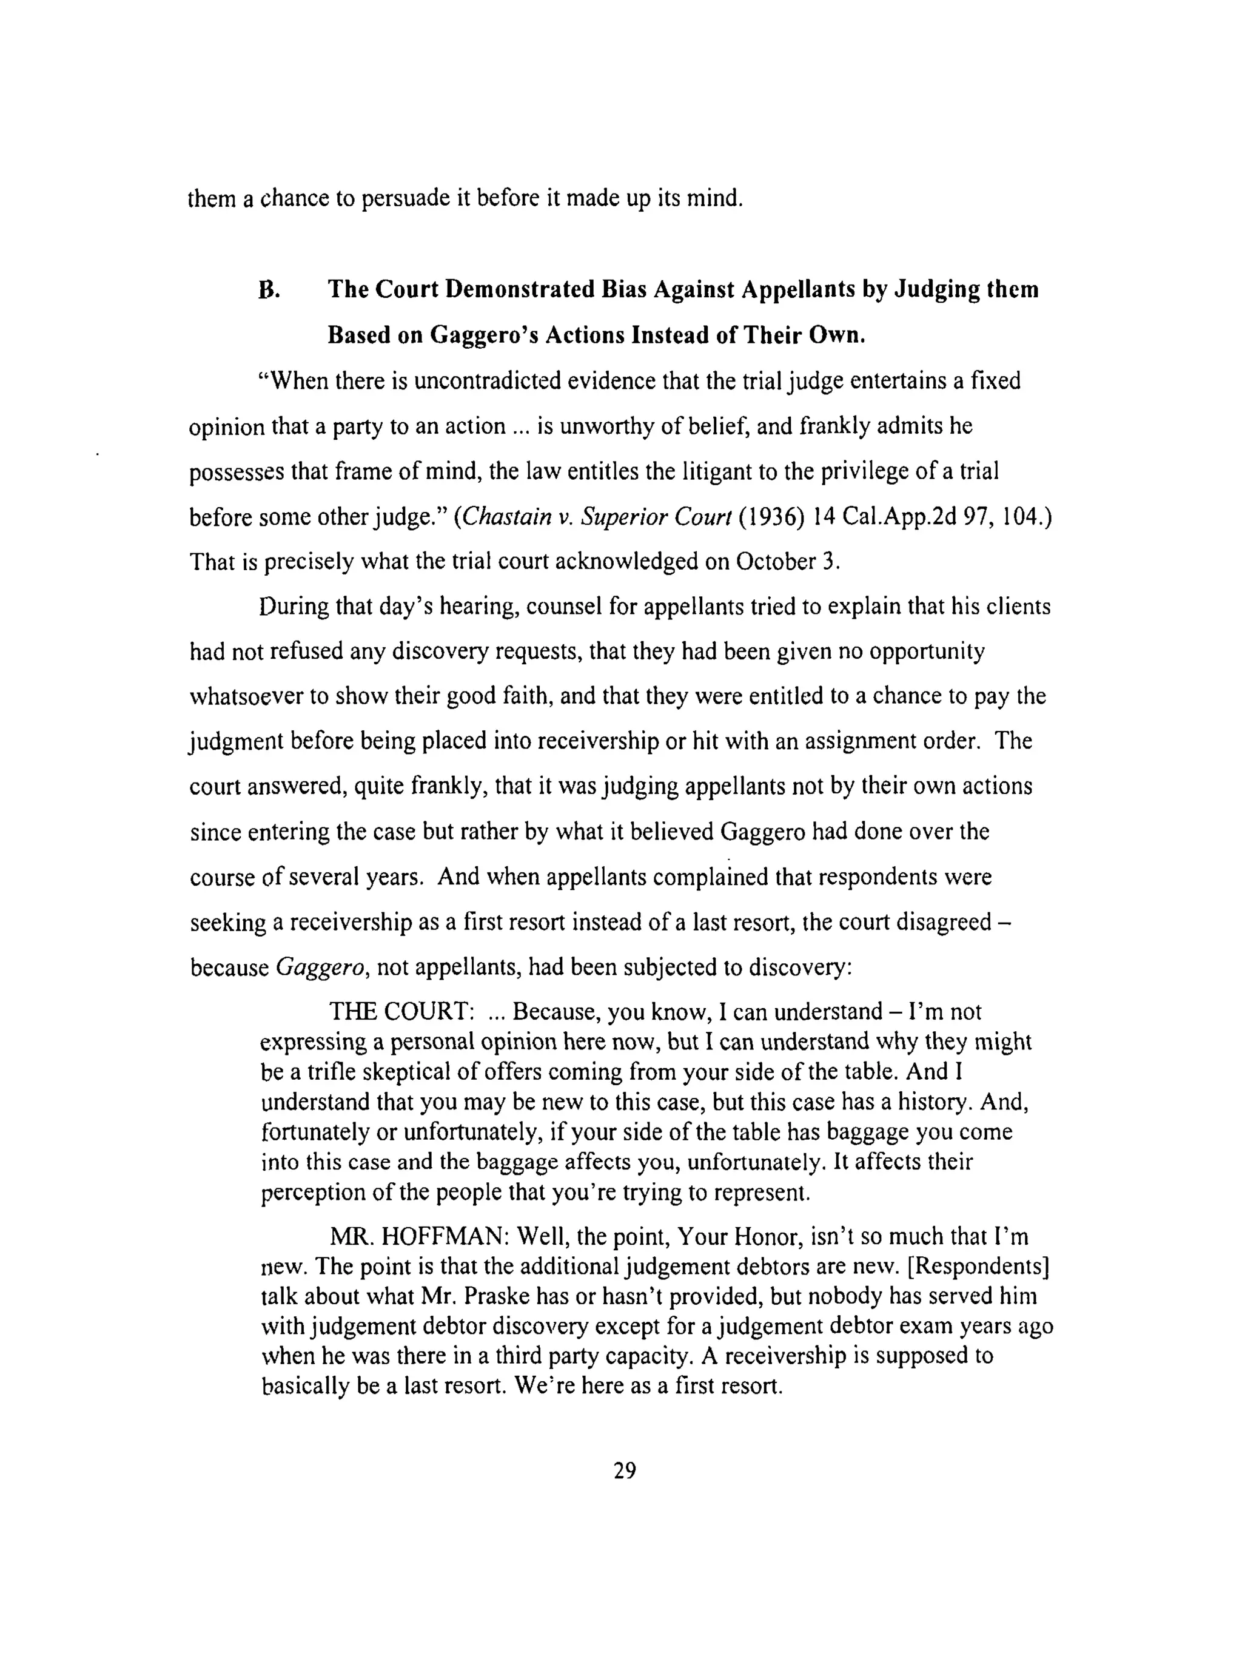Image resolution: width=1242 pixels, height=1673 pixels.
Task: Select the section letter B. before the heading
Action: pos(269,290)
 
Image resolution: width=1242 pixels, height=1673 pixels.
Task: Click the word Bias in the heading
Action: pos(623,290)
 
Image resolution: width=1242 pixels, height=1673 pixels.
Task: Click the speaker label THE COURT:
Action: pos(401,1012)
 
